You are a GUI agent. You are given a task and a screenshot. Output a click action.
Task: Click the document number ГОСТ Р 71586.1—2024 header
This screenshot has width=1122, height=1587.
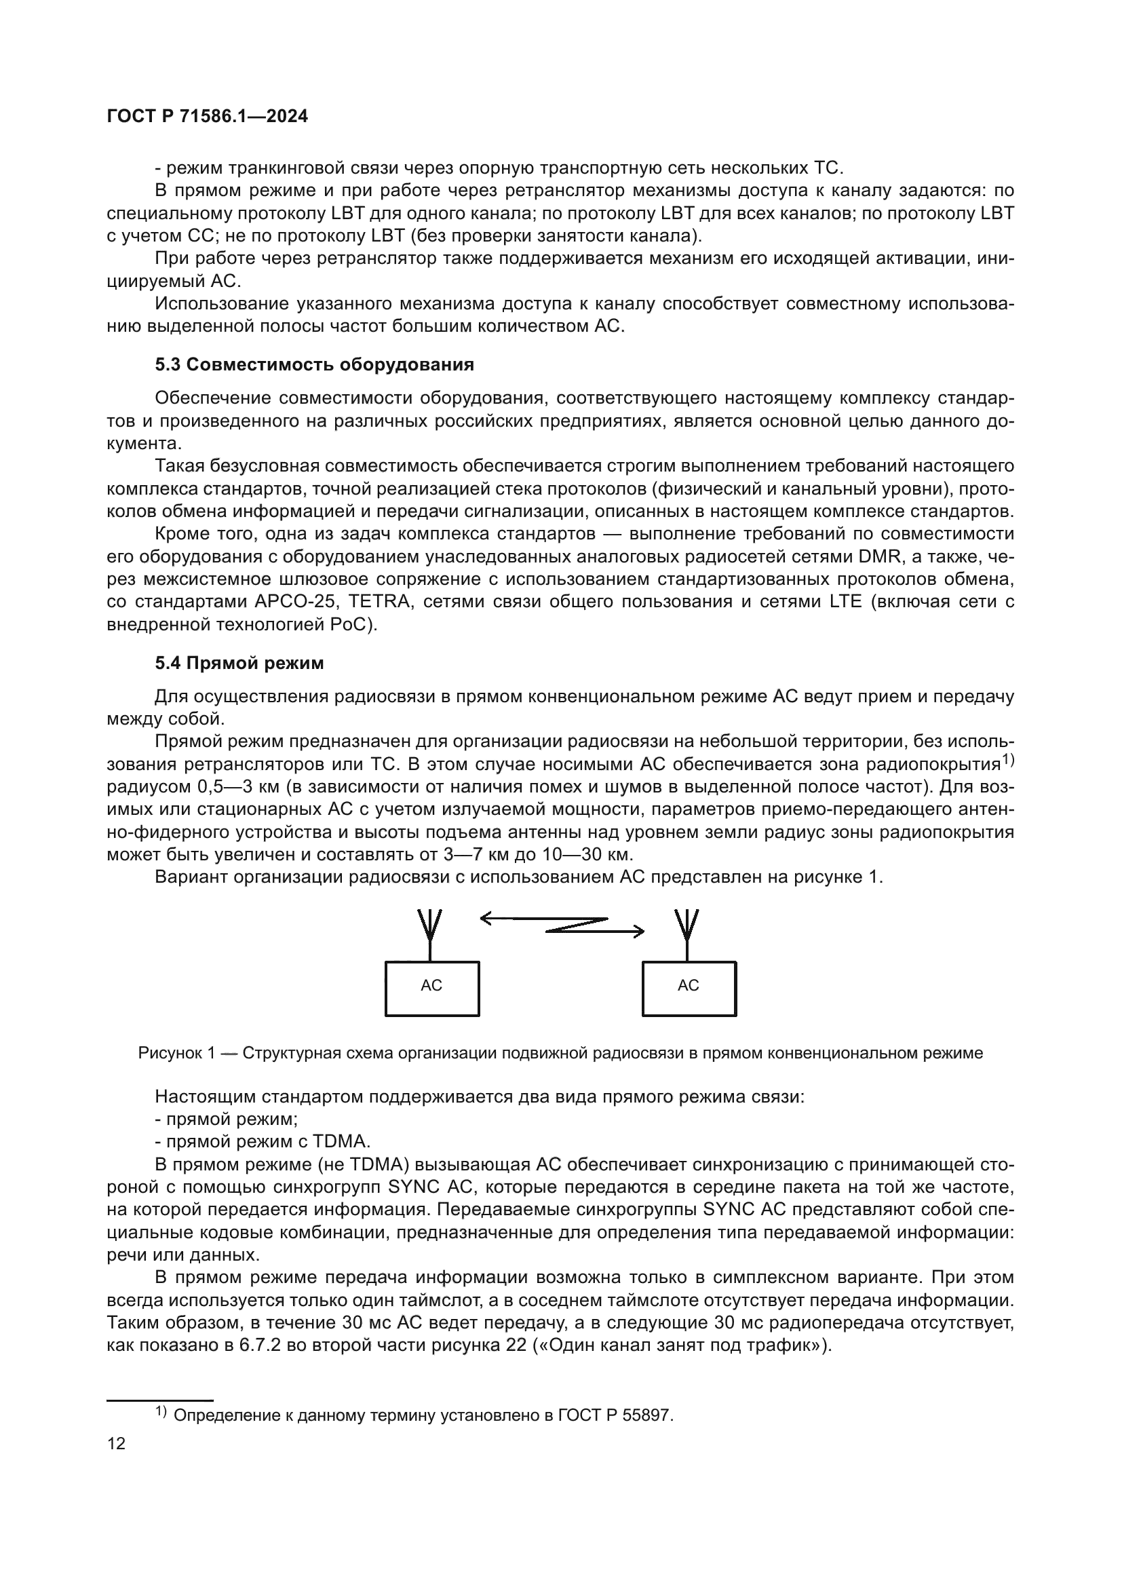[208, 117]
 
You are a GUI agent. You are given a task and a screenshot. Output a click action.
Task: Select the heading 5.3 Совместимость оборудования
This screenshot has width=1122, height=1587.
[314, 365]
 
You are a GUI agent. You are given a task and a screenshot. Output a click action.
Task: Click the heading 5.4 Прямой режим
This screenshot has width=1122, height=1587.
[239, 664]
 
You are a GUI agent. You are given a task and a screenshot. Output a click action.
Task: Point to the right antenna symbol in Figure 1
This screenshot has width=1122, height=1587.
[686, 929]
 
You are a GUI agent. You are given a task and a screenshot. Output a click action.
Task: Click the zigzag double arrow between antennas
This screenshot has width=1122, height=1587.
[562, 925]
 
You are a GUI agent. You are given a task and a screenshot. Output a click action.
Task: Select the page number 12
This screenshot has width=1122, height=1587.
[116, 1444]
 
